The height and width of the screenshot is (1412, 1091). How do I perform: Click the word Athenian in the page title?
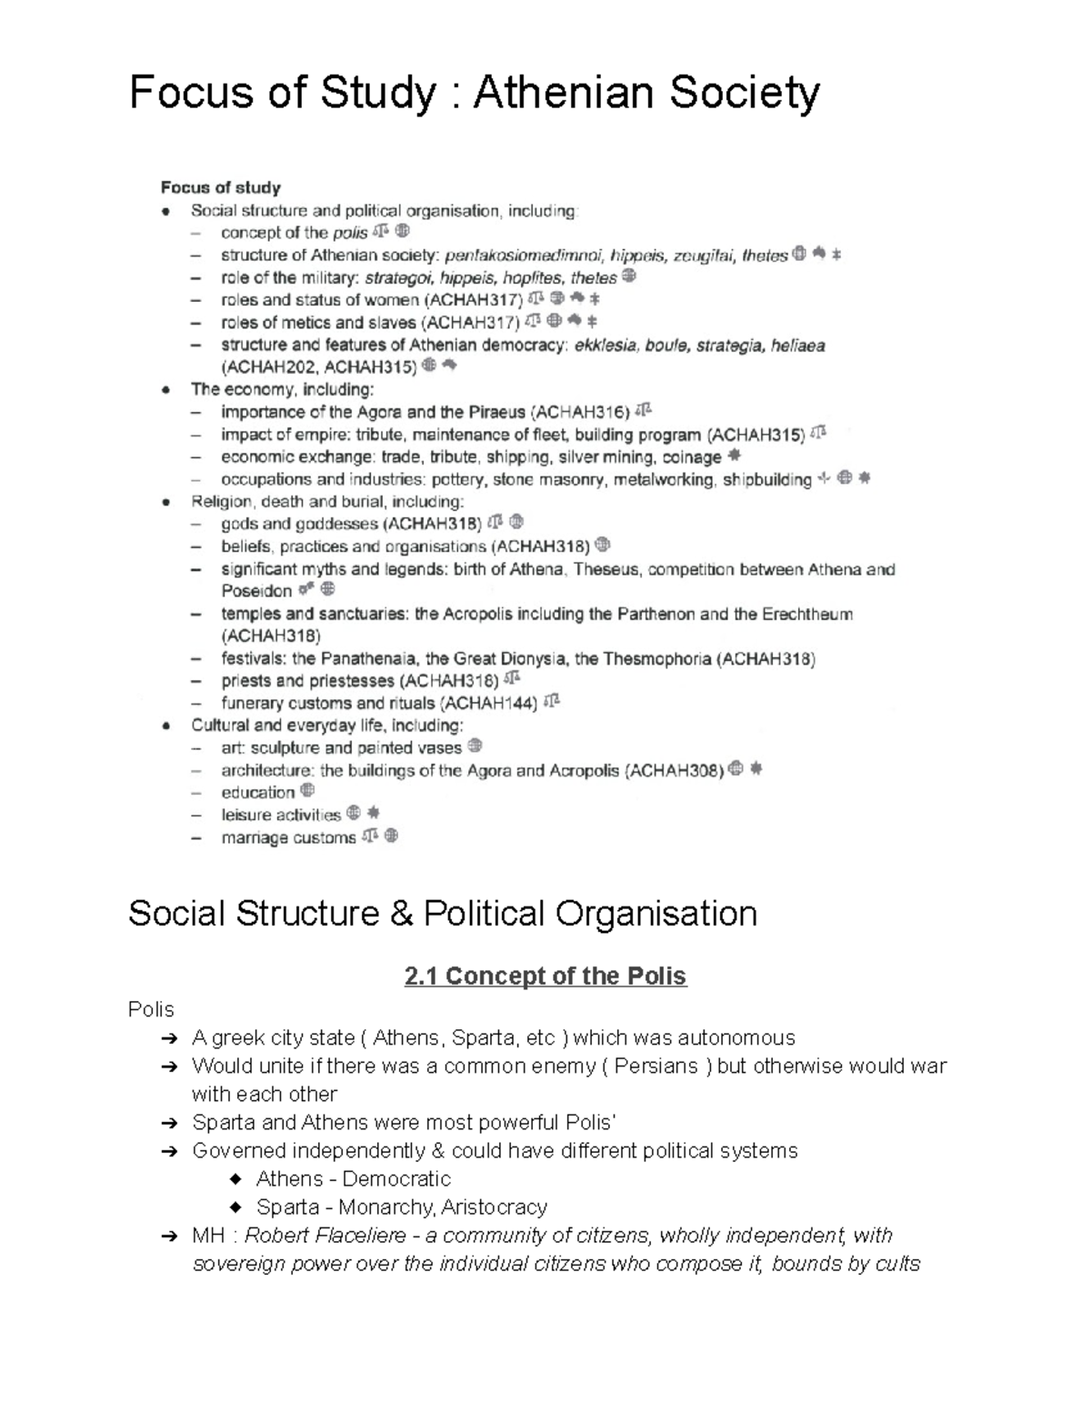pos(564,94)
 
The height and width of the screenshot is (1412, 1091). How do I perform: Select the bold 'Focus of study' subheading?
pos(220,188)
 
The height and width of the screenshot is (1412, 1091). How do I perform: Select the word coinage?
pos(692,457)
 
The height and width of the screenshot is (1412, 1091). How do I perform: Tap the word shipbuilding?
pos(767,479)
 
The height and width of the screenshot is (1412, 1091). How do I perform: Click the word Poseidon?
pos(256,591)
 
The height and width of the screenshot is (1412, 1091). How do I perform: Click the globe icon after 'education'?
pos(307,791)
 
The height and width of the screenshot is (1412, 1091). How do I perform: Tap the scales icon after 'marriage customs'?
pos(369,836)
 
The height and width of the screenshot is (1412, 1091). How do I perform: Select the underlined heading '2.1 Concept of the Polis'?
pos(545,976)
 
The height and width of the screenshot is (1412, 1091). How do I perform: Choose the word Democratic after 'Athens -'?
pos(396,1179)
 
